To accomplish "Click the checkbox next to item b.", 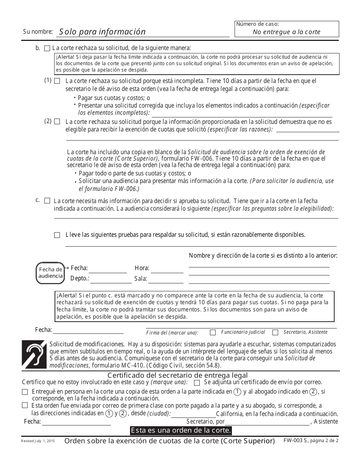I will (x=47, y=48).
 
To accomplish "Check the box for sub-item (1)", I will (x=57, y=81).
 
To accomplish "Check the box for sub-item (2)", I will (x=57, y=122).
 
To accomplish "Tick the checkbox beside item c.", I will (x=47, y=201).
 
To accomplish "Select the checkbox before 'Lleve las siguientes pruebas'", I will (x=57, y=235).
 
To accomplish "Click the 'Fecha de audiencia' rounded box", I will (x=50, y=273).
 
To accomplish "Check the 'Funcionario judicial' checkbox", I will (x=213, y=332).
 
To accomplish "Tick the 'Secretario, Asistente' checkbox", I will (x=275, y=332).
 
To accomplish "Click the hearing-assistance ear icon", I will (x=34, y=355).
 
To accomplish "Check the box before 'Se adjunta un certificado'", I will (x=197, y=382).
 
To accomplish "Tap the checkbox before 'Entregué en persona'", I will (x=25, y=392).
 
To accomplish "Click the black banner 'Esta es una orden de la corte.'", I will (x=180, y=431).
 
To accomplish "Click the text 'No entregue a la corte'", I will (x=286, y=32).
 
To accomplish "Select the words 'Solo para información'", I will (x=102, y=32).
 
